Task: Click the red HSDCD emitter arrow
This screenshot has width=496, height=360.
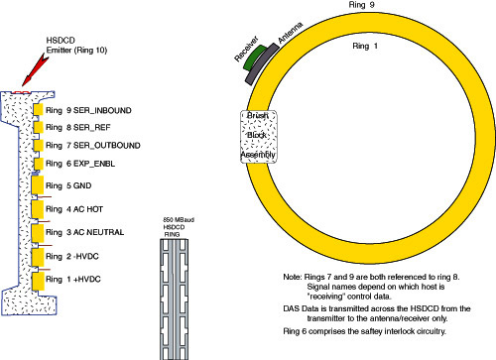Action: (35, 70)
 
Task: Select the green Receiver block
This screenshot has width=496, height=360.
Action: (255, 58)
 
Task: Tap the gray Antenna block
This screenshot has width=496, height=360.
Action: (262, 63)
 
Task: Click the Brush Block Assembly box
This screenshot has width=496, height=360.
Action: (259, 136)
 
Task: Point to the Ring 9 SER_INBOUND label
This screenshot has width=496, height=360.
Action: (88, 110)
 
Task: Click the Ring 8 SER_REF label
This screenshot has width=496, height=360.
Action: (78, 128)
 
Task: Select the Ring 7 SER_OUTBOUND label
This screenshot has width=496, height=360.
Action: (93, 146)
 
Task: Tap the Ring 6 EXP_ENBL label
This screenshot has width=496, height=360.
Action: (80, 164)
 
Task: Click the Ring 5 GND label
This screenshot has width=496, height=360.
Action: (68, 185)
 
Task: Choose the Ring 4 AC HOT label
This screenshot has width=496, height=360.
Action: (74, 209)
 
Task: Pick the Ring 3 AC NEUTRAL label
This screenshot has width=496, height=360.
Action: (85, 232)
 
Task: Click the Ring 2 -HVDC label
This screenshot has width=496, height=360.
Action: (72, 257)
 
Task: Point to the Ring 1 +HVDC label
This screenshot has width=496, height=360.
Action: (73, 280)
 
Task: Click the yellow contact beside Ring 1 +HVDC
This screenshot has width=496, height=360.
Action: (38, 282)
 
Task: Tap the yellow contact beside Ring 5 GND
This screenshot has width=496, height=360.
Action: (38, 185)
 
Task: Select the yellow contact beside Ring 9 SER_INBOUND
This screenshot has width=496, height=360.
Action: (39, 110)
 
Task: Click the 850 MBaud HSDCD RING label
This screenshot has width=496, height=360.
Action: (179, 227)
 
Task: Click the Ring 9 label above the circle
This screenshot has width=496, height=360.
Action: (361, 5)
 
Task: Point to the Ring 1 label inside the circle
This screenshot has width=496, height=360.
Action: (365, 46)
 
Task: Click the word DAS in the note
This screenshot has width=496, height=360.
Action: (291, 308)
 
